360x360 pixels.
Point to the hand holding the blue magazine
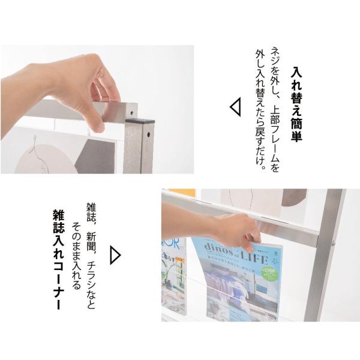237,232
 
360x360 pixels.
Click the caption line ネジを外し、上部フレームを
275,109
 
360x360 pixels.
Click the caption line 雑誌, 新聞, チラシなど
91,255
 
